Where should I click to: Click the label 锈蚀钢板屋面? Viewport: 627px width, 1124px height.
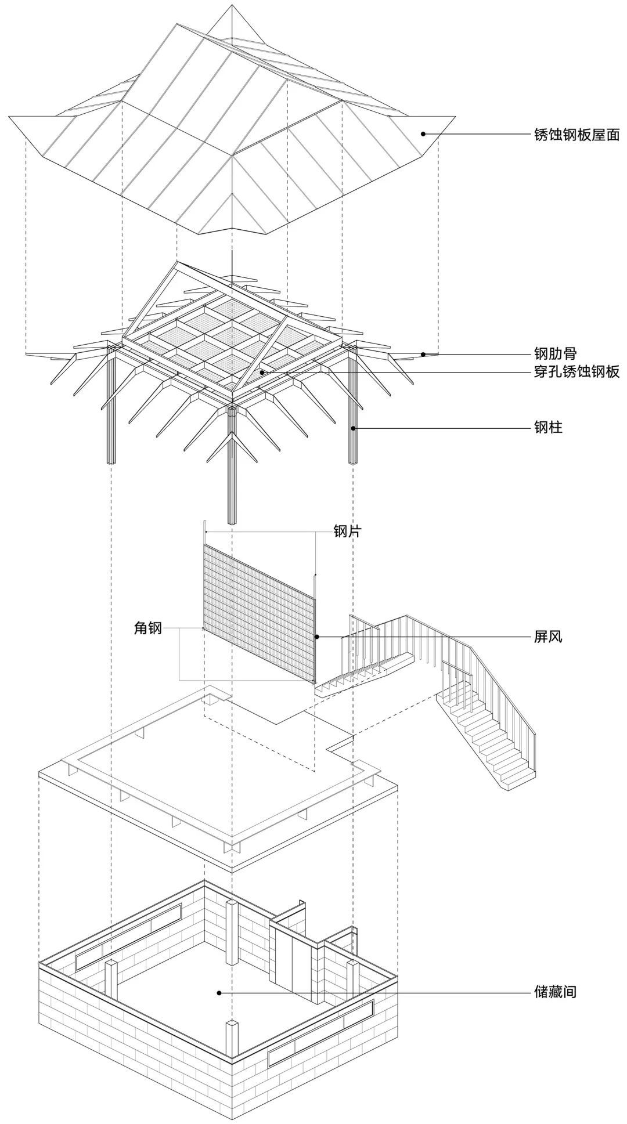click(576, 135)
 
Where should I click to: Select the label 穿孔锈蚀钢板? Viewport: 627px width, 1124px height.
click(576, 372)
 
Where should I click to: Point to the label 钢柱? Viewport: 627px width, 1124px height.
click(548, 428)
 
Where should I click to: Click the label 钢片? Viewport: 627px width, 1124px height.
click(347, 531)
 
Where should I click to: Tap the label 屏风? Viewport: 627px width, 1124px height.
click(548, 637)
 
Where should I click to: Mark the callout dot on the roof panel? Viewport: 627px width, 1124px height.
click(423, 133)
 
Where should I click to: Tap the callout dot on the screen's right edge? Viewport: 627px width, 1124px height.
click(316, 637)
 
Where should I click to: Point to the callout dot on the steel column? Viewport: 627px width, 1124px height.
click(352, 428)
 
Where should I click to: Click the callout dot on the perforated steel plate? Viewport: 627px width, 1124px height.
click(262, 372)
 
